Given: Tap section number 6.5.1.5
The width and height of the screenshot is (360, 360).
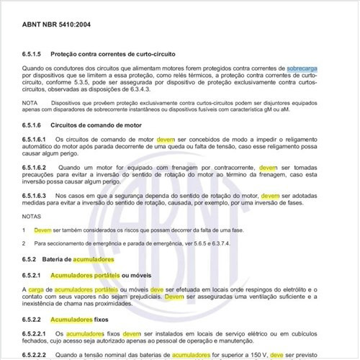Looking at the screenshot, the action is click(x=34, y=55).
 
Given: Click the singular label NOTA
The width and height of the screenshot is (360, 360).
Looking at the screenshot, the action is click(x=30, y=103).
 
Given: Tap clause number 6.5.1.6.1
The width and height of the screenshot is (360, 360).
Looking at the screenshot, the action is click(x=37, y=139).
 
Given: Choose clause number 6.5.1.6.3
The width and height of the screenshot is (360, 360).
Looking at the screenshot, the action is click(x=37, y=195).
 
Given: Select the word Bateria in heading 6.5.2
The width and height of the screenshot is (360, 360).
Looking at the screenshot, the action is click(x=71, y=258).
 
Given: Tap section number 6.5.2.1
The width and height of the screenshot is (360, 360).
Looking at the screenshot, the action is click(x=34, y=274).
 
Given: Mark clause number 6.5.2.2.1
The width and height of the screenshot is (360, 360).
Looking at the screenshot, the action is click(x=37, y=334).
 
